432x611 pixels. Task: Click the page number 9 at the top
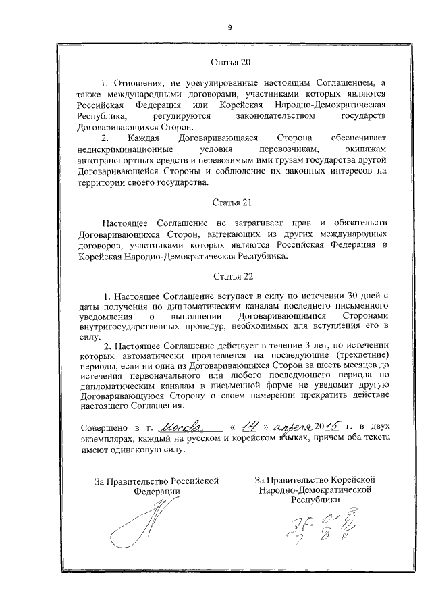click(x=230, y=28)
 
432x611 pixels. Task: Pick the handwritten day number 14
click(x=250, y=426)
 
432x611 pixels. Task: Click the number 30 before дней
click(x=356, y=296)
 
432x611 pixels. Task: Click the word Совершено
click(x=103, y=428)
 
